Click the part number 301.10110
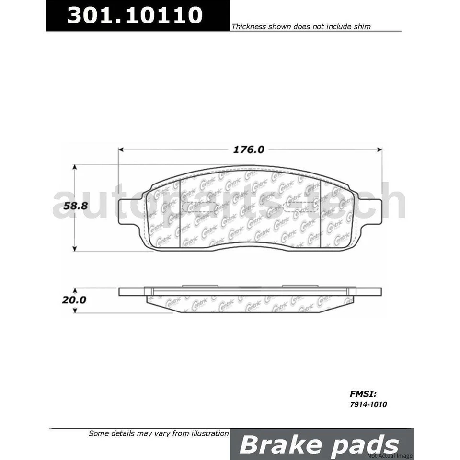pos(135,15)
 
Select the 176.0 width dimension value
pos(249,149)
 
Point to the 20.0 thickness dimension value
pos(74,300)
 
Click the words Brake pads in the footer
pos(319,445)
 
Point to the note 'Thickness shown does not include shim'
pos(301,27)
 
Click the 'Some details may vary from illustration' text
pos(159,433)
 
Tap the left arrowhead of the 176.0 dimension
pos(121,149)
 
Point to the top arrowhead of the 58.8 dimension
pos(75,167)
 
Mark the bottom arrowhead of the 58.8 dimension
pos(75,248)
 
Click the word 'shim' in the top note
pos(362,27)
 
